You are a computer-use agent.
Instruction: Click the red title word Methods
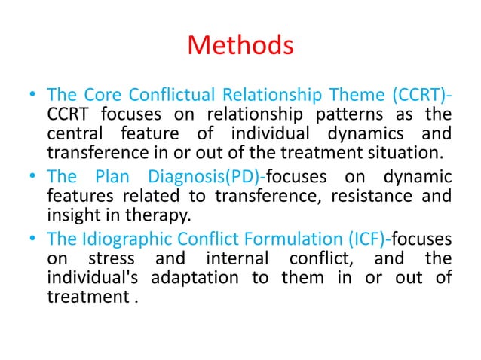pyautogui.click(x=240, y=47)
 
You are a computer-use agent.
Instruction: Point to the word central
pyautogui.click(x=74, y=135)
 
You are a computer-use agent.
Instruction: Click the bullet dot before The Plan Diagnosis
pyautogui.click(x=29, y=178)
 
